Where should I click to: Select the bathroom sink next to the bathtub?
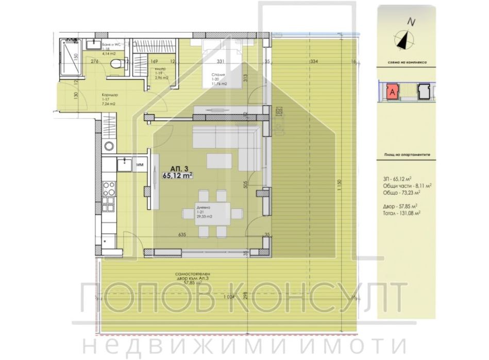pos(94,45)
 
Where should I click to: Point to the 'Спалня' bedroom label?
pos(216,74)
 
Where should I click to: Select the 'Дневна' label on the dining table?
pos(203,209)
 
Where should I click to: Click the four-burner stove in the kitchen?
pos(108,192)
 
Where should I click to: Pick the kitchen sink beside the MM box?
pos(124,164)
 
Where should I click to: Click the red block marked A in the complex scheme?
pos(393,91)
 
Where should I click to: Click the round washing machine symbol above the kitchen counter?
pos(108,146)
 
